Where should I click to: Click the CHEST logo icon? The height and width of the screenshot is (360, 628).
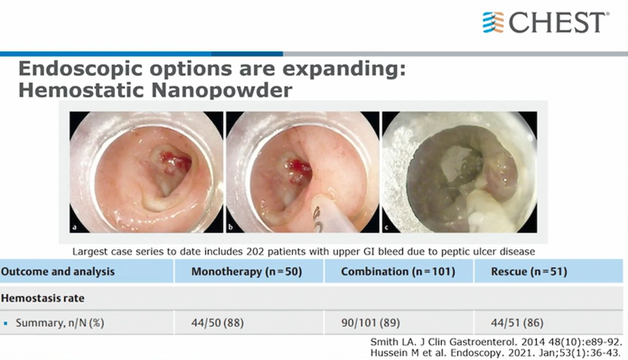(x=493, y=22)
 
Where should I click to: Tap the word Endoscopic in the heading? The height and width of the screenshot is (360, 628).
(x=80, y=69)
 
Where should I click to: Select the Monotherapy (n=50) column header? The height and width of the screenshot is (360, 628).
(x=246, y=272)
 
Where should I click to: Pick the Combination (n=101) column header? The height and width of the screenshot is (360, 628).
(x=398, y=272)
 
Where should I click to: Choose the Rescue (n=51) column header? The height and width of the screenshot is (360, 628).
(x=529, y=272)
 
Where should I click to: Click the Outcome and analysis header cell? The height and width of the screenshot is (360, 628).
(x=58, y=272)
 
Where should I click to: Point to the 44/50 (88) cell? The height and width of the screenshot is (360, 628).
(x=217, y=323)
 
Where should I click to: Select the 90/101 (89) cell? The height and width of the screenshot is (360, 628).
(x=371, y=323)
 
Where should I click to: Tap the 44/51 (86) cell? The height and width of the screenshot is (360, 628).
(x=517, y=323)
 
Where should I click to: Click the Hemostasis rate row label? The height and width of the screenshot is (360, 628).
(x=43, y=298)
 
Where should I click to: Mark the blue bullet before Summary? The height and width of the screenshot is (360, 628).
(x=5, y=323)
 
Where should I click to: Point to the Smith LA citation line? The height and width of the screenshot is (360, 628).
(x=496, y=342)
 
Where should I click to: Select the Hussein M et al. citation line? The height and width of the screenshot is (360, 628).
(x=496, y=353)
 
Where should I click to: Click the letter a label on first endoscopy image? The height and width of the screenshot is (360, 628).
(x=74, y=228)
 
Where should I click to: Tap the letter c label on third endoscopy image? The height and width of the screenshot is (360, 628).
(x=386, y=228)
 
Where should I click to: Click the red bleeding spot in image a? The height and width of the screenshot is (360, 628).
(x=175, y=161)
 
